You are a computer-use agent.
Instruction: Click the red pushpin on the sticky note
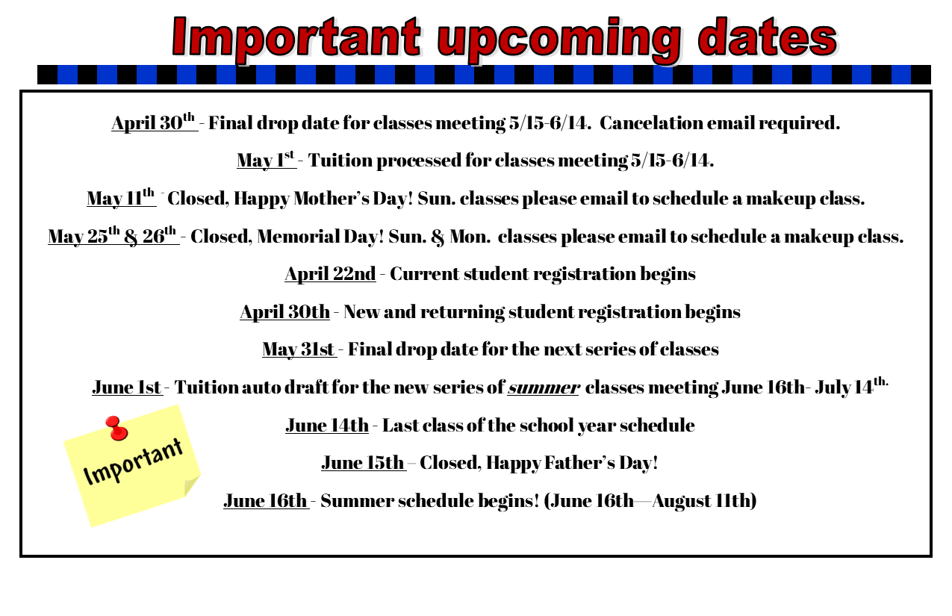pos(116,428)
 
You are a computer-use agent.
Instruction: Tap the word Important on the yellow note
pos(133,461)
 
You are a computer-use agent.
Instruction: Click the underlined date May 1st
pos(267,160)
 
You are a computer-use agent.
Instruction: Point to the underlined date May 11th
pos(121,197)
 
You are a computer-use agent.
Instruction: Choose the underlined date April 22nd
pos(330,273)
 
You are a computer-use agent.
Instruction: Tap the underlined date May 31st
pos(299,349)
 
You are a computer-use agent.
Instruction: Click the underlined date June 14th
pos(327,425)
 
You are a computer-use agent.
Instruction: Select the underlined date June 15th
pos(364,462)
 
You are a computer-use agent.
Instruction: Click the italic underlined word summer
pos(543,388)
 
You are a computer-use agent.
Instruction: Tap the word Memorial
pos(299,237)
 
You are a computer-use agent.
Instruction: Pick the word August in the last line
pos(681,501)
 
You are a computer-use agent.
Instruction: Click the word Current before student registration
pos(425,274)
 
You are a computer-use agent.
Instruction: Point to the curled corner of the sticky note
pos(192,485)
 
